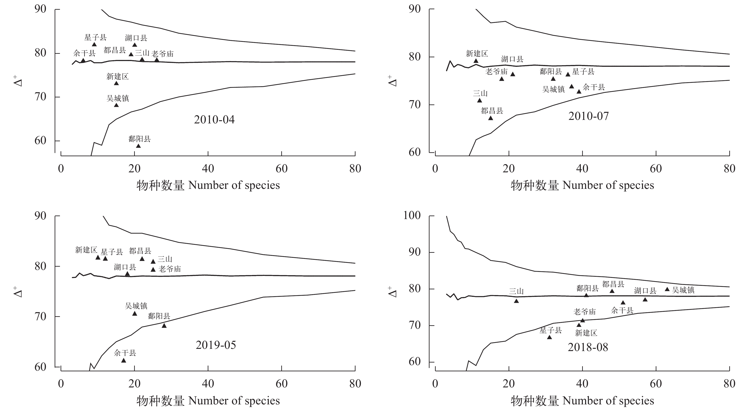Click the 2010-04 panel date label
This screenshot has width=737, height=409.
click(214, 120)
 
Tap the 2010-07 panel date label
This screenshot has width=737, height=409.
click(588, 116)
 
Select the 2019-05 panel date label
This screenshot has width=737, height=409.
click(216, 345)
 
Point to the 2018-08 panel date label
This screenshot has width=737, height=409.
click(588, 347)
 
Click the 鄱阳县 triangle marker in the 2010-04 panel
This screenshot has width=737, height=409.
click(138, 146)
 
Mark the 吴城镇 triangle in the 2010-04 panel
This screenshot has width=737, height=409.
click(116, 105)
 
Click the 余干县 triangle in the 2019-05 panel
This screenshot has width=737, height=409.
click(124, 360)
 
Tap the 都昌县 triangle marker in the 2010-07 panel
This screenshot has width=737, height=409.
click(490, 118)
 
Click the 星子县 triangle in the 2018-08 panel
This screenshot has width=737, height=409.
click(549, 337)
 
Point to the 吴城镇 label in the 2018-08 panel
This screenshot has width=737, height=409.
click(683, 290)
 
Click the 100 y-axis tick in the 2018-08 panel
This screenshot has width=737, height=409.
click(412, 216)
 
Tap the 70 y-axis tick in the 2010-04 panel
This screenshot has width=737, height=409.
click(40, 97)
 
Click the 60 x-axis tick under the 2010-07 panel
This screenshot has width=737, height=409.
click(656, 169)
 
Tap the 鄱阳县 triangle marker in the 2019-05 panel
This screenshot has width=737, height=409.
click(164, 326)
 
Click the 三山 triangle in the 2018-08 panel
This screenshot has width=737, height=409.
click(516, 301)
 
